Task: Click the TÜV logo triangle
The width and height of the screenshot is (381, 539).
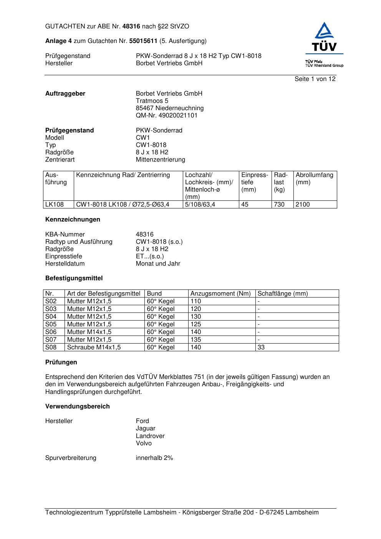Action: (325, 31)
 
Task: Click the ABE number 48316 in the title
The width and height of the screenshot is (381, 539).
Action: (132, 26)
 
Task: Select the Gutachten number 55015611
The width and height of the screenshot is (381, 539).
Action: (143, 41)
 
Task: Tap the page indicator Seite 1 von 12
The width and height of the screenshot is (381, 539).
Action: (315, 79)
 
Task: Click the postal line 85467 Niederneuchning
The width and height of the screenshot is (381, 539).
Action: (169, 108)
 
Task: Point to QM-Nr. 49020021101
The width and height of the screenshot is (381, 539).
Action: (166, 116)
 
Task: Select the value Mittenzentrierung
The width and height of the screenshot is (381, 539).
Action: (160, 160)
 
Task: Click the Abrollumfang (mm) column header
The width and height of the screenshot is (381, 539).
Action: (314, 179)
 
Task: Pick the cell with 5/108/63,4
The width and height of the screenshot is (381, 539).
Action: (200, 205)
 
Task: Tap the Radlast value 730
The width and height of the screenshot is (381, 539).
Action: (279, 205)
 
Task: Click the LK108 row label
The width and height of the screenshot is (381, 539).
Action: (54, 205)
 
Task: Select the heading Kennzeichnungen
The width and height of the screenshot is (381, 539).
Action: (73, 220)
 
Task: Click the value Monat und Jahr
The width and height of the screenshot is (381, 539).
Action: (158, 264)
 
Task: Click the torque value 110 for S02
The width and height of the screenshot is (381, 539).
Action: (195, 301)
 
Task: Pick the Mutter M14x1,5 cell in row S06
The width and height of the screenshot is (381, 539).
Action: (89, 332)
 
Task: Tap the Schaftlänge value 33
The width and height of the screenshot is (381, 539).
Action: (261, 347)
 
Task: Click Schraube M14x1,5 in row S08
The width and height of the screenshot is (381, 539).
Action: (94, 347)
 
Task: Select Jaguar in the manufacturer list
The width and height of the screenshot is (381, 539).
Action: (145, 428)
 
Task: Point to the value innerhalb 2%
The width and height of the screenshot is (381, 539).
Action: (154, 458)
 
